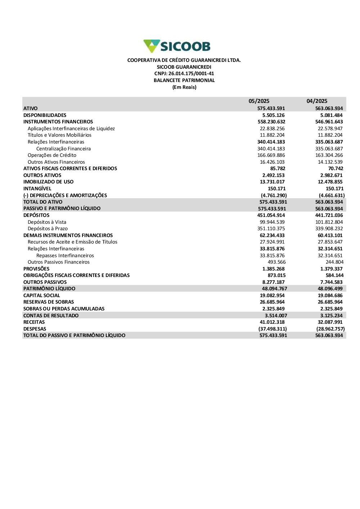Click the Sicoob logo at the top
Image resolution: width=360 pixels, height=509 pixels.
pos(177,46)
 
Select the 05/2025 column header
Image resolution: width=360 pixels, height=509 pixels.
pos(259,101)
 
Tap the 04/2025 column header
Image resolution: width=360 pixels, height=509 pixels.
pos(317,101)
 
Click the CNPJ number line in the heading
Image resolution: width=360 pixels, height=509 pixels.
pos(184,73)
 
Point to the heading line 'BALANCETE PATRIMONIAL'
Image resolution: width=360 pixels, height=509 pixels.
pos(184,80)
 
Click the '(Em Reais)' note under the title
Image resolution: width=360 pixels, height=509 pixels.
pos(184,87)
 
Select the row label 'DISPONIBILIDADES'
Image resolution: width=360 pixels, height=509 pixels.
pos(45,115)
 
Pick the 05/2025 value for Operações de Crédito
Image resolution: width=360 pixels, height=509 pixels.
pos(272,155)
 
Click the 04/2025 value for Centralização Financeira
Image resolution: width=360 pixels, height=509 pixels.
pos(329,149)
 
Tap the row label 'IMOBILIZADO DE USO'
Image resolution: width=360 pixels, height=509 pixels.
pos(48,182)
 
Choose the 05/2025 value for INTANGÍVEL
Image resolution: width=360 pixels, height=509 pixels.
pos(276,188)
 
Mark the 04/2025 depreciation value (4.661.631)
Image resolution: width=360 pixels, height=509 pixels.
pos(332,195)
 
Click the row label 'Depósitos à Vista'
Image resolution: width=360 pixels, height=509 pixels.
pos(47,222)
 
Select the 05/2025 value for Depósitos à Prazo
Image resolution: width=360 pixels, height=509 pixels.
pos(272,228)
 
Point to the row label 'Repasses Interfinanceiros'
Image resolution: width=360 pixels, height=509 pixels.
pos(65,255)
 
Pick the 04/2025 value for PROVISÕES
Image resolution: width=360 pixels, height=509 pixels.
pos(331,269)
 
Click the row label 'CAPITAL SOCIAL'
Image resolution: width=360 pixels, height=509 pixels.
pos(42,295)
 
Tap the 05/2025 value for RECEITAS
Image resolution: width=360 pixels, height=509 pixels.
pos(272,322)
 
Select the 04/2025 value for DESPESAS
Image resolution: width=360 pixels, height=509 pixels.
pos(330,329)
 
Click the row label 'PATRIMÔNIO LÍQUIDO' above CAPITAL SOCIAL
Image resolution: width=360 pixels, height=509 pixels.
pos(49,288)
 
